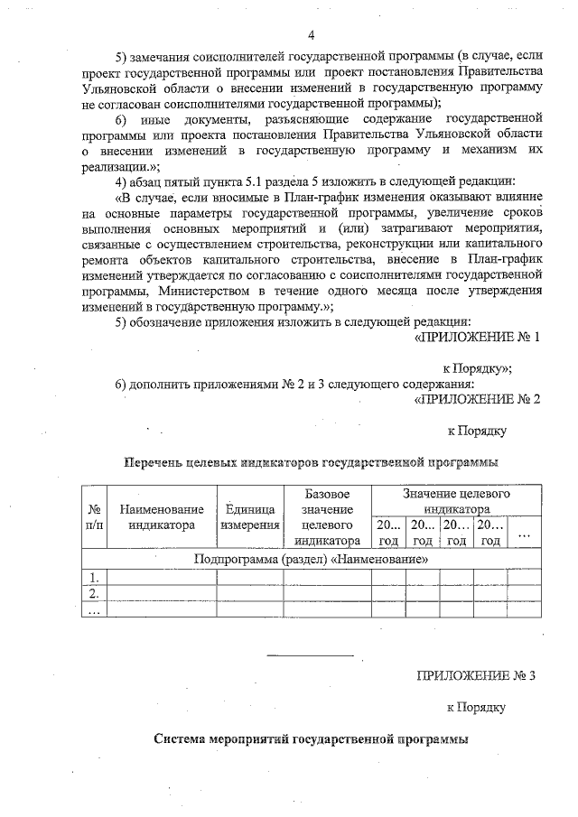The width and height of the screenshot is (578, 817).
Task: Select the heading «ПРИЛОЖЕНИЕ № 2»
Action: pos(476,398)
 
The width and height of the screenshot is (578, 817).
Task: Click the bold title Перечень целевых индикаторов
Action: pos(310,462)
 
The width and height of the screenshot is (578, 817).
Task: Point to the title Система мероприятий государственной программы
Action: pos(311,739)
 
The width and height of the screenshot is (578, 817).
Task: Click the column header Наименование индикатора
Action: pos(162,518)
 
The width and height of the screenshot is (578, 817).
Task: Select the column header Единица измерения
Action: pos(249,518)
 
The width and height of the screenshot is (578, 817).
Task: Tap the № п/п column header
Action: pos(94,518)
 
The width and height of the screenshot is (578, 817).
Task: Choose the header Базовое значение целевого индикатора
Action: pos(326,518)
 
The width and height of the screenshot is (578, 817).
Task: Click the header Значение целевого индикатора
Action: pos(456,502)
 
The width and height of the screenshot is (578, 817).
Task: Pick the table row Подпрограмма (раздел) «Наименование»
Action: pos(312,559)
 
